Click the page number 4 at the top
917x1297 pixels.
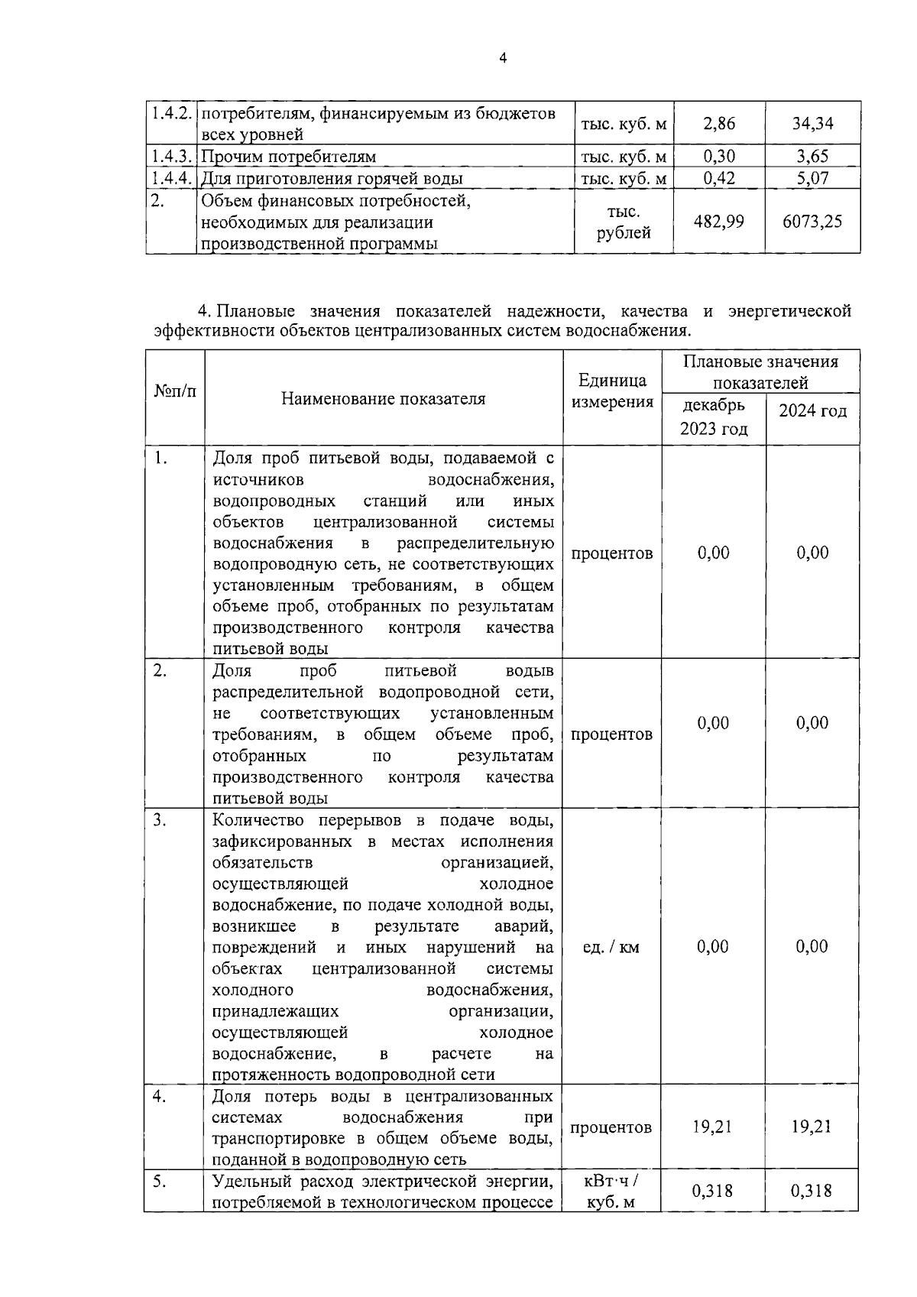pos(502,58)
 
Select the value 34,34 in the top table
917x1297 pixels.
pos(812,123)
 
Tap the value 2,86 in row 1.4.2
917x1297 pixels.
pos(718,123)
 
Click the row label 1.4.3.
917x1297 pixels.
pos(170,157)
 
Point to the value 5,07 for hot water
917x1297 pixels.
pos(812,179)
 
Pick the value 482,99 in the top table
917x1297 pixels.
pos(718,222)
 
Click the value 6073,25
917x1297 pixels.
pos(812,222)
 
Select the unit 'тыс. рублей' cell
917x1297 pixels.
pos(624,222)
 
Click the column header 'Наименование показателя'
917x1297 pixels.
pos(383,399)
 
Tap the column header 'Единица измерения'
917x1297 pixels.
pos(612,391)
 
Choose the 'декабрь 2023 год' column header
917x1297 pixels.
pos(714,417)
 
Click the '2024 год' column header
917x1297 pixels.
pos(812,411)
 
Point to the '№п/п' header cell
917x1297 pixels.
pos(175,391)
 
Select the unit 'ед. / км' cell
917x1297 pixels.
pos(611,947)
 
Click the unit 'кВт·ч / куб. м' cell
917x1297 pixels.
pos(611,1192)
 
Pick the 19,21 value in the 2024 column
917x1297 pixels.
pos(812,1127)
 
